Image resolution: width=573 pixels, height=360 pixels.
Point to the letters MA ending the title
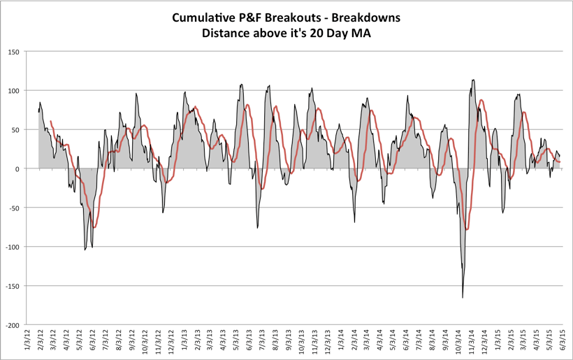[x=360, y=33]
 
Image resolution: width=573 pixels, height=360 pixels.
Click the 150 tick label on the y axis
[x=13, y=52]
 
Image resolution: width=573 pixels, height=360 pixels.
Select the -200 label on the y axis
[x=13, y=325]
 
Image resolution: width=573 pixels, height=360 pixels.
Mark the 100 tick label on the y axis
[x=13, y=91]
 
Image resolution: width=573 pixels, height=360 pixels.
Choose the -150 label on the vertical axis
[x=13, y=286]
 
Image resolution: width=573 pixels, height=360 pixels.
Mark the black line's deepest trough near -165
[x=463, y=298]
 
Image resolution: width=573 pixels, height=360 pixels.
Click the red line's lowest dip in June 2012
[x=94, y=227]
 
